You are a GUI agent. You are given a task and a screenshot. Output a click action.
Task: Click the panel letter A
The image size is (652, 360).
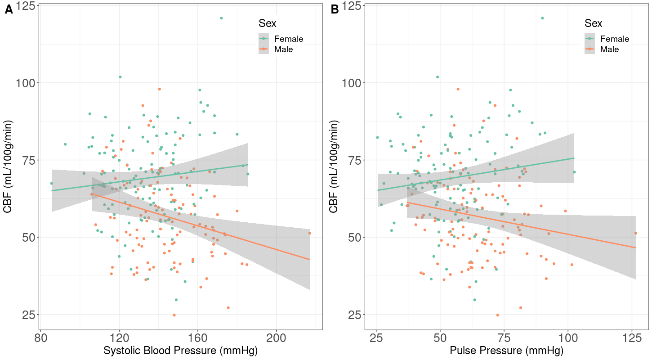click(9, 9)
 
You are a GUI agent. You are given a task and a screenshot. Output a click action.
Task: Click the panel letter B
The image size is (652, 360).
click(335, 9)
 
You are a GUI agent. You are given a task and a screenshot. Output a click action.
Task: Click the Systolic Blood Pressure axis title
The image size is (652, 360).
click(180, 351)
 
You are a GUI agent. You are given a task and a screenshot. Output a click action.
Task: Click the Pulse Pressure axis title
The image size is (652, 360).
click(506, 351)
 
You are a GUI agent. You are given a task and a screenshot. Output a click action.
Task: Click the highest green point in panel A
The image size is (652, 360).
click(221, 18)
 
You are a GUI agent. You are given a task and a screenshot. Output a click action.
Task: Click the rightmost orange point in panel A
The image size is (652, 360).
click(309, 233)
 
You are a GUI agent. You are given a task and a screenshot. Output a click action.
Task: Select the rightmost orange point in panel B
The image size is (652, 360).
click(636, 233)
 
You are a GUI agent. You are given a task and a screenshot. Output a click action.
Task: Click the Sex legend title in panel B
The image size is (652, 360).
click(593, 23)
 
